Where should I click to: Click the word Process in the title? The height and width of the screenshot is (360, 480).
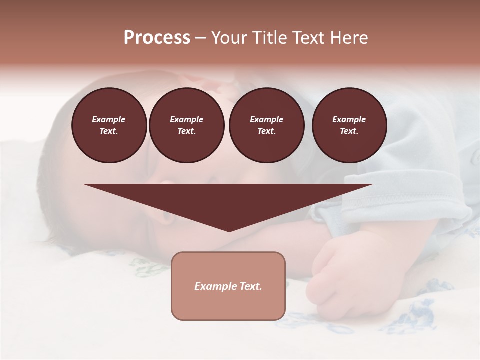click(157, 38)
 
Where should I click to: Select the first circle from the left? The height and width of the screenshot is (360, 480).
click(109, 125)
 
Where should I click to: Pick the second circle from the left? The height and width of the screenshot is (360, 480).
click(186, 125)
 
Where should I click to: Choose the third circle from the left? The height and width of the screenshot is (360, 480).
click(266, 125)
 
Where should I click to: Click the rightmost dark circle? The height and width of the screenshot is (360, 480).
click(349, 125)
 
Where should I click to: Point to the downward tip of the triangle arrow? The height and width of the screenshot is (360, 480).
click(229, 231)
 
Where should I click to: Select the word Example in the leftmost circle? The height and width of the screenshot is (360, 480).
click(109, 119)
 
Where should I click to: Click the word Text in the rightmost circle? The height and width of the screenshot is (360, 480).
click(349, 131)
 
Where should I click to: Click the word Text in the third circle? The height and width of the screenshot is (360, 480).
click(266, 131)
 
